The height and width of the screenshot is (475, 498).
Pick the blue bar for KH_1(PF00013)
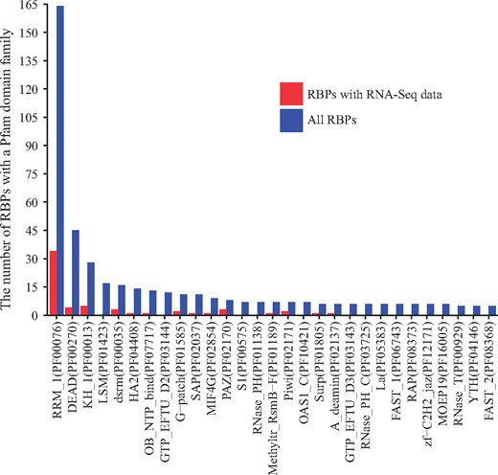pos(91,288)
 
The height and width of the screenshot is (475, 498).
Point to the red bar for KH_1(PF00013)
pos(83,310)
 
